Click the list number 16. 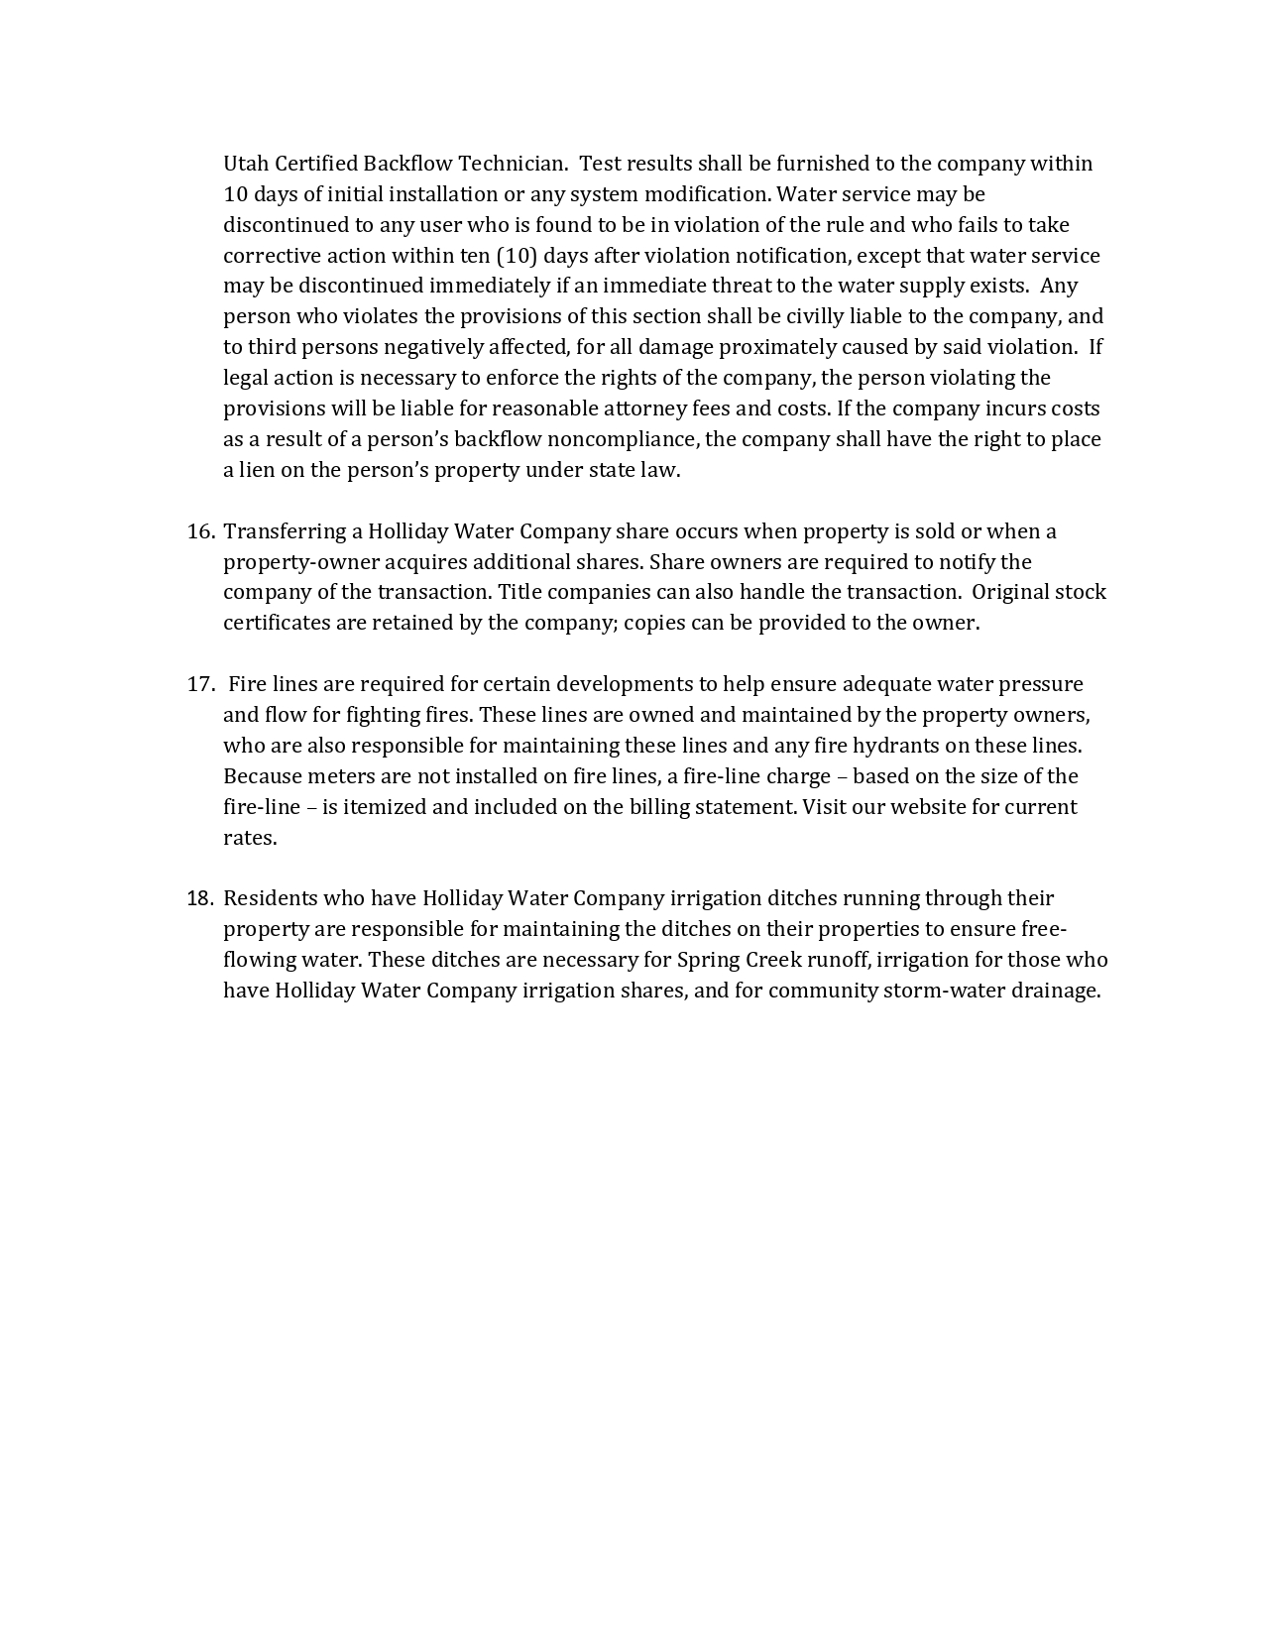coord(200,531)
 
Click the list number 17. coord(200,684)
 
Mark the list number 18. coord(200,898)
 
